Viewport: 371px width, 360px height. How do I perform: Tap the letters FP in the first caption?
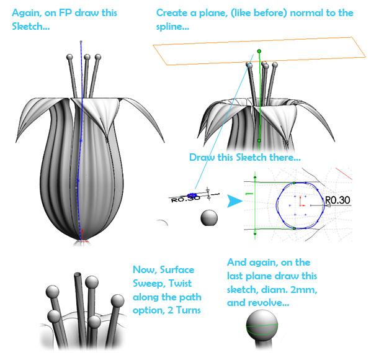65,13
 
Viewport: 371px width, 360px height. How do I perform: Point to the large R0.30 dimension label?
337,200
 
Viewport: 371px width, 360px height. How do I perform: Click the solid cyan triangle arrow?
235,201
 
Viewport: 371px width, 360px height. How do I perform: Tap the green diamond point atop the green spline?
259,51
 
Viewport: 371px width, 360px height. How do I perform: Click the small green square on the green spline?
259,140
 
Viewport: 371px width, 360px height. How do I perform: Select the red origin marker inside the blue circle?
301,201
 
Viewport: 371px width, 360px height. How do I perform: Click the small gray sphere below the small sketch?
209,218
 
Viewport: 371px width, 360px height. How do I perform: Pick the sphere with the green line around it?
262,326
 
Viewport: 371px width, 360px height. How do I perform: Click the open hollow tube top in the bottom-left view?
78,275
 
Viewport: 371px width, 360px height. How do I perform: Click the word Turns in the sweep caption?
189,310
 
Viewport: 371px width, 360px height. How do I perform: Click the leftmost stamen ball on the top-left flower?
70,57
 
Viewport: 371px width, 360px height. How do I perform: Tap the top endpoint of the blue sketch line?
81,42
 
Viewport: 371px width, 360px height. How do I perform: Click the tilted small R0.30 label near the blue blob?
185,199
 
